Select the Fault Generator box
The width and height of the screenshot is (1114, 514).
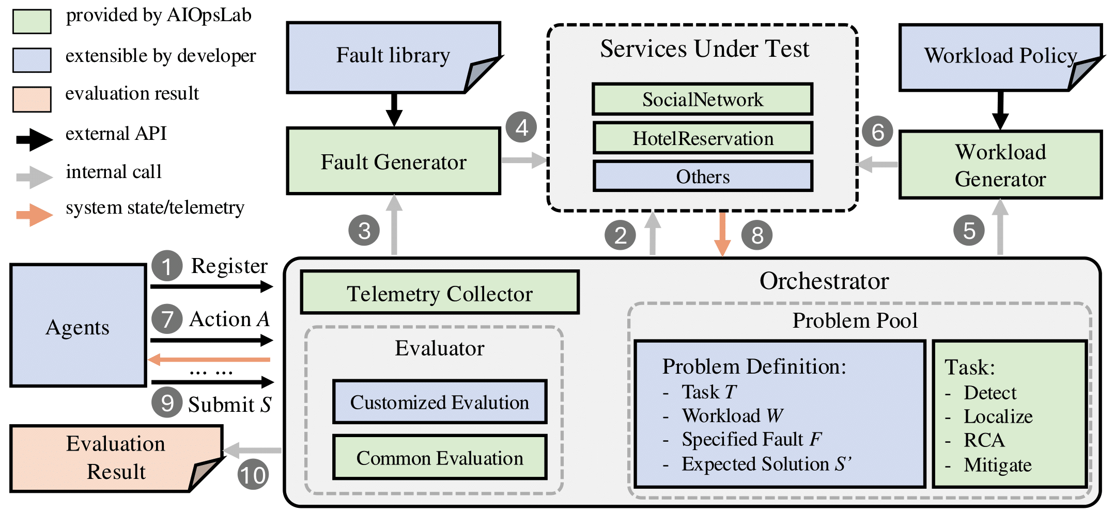pos(393,162)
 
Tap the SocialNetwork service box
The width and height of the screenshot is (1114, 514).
pos(702,99)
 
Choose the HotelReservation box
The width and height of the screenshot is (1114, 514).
pos(703,138)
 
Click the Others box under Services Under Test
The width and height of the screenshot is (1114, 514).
pos(703,176)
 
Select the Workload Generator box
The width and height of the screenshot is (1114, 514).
pos(1000,165)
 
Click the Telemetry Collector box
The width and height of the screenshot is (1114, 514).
pos(439,293)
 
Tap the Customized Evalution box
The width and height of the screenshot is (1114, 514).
pos(439,402)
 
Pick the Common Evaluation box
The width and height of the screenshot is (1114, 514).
pos(439,458)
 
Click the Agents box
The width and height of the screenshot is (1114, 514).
pos(78,326)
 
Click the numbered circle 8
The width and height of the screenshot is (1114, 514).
pos(757,235)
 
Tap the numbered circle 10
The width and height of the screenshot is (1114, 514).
pos(253,475)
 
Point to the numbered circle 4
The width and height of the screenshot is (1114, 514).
pos(521,127)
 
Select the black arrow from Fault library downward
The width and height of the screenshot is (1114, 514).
pos(394,109)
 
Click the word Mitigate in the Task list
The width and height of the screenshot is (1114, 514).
pos(997,465)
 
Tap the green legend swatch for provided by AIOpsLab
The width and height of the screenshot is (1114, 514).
pos(32,22)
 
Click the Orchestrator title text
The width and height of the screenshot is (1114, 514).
pos(824,281)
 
